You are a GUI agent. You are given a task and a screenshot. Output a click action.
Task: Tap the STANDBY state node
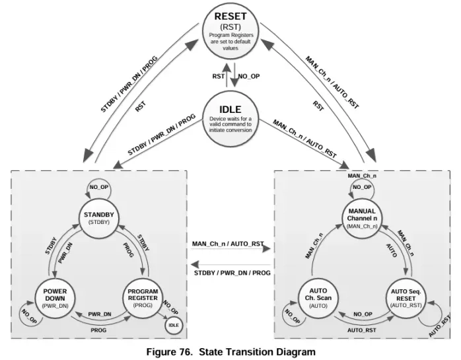(x=100, y=217)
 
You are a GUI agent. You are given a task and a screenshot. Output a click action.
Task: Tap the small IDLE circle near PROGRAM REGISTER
(x=173, y=325)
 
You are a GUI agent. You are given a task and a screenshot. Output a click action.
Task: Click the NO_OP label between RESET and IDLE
(x=249, y=76)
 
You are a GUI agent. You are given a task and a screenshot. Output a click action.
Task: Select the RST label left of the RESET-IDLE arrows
(x=218, y=76)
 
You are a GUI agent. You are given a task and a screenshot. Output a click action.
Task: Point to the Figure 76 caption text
(x=230, y=351)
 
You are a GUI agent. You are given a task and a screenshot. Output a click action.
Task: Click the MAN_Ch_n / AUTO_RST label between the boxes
(x=228, y=244)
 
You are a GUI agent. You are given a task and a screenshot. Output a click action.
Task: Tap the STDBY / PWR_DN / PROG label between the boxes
(x=232, y=272)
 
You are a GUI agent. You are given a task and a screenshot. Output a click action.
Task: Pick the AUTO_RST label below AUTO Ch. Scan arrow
(x=362, y=329)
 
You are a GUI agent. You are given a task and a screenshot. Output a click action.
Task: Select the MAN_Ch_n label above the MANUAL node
(x=362, y=176)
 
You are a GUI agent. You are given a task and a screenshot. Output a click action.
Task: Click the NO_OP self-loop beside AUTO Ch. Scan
(x=291, y=315)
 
